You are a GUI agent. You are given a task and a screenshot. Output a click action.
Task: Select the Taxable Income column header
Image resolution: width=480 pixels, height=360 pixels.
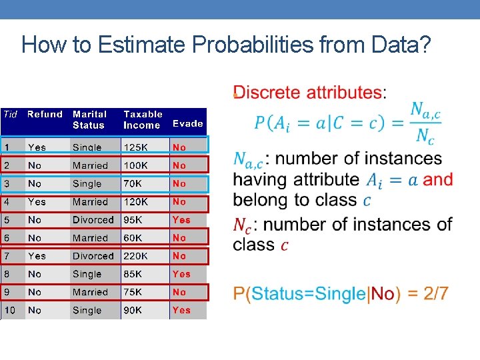pyautogui.click(x=143, y=119)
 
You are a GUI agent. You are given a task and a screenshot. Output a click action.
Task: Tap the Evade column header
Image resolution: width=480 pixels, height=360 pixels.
pyautogui.click(x=187, y=123)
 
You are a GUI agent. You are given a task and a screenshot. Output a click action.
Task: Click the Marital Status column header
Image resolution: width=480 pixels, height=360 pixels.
pyautogui.click(x=89, y=119)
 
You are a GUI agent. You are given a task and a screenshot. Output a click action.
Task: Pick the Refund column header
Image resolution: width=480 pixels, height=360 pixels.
pyautogui.click(x=45, y=115)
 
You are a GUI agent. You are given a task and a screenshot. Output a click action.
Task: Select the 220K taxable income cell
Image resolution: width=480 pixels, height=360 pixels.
pyautogui.click(x=137, y=256)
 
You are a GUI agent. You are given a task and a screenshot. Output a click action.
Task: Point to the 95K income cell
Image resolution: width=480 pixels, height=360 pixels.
pyautogui.click(x=134, y=220)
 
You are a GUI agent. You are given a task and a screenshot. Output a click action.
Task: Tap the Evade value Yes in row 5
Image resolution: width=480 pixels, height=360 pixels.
pyautogui.click(x=181, y=220)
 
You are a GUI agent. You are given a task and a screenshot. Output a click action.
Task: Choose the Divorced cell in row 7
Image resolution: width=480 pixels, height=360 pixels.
pyautogui.click(x=93, y=256)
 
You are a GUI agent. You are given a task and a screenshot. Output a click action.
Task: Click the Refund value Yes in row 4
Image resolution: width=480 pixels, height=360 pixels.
pyautogui.click(x=37, y=202)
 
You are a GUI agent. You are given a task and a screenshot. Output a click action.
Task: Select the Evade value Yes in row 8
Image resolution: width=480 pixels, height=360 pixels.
pyautogui.click(x=181, y=274)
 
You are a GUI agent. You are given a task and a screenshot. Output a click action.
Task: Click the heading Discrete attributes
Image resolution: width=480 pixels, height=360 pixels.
pyautogui.click(x=308, y=93)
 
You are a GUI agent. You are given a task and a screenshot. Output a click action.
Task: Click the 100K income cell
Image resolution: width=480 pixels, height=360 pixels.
pyautogui.click(x=137, y=165)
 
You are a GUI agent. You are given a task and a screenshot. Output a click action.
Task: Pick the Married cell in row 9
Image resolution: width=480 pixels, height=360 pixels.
pyautogui.click(x=90, y=292)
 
